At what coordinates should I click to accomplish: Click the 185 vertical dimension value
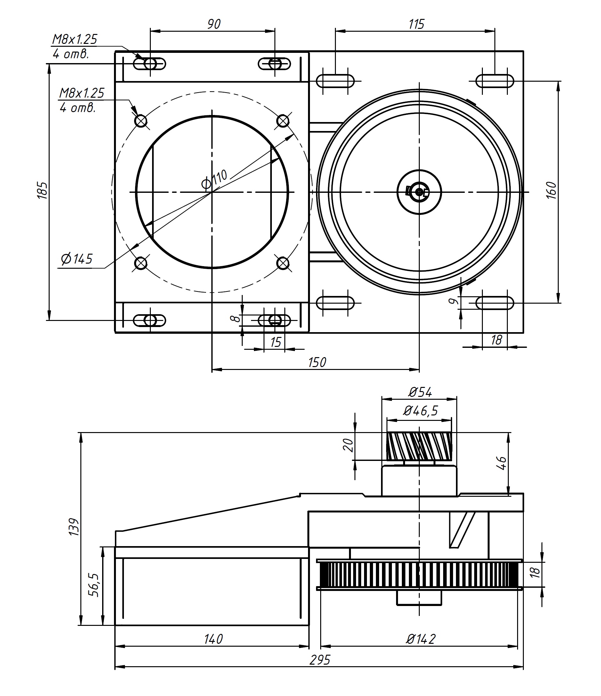pos(42,191)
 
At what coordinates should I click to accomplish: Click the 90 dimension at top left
pos(214,24)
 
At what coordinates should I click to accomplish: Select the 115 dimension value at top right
pos(416,24)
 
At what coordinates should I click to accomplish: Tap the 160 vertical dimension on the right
pos(552,191)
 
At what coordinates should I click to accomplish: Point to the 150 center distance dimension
pos(317,363)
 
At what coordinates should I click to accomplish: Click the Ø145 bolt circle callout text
pos(77,259)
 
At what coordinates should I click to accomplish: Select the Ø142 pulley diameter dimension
pos(420,639)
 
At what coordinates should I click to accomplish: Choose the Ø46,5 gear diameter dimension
pos(420,411)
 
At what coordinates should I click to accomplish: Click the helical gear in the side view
pos(419,446)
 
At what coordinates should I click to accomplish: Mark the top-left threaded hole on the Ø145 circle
pos(141,120)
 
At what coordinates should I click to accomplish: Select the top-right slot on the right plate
pos(495,81)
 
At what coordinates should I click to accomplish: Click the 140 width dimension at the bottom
pos(214,639)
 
